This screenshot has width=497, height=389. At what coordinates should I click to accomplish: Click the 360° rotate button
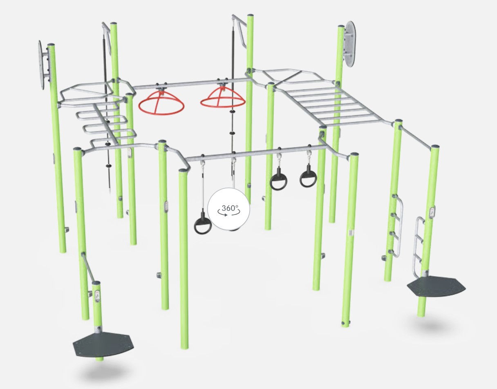229,209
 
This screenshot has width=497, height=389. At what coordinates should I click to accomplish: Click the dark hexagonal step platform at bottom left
103,344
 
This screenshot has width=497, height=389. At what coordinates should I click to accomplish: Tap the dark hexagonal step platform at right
436,286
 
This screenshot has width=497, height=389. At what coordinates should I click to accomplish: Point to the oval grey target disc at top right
350,44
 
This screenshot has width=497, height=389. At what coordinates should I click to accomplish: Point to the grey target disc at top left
40,65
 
